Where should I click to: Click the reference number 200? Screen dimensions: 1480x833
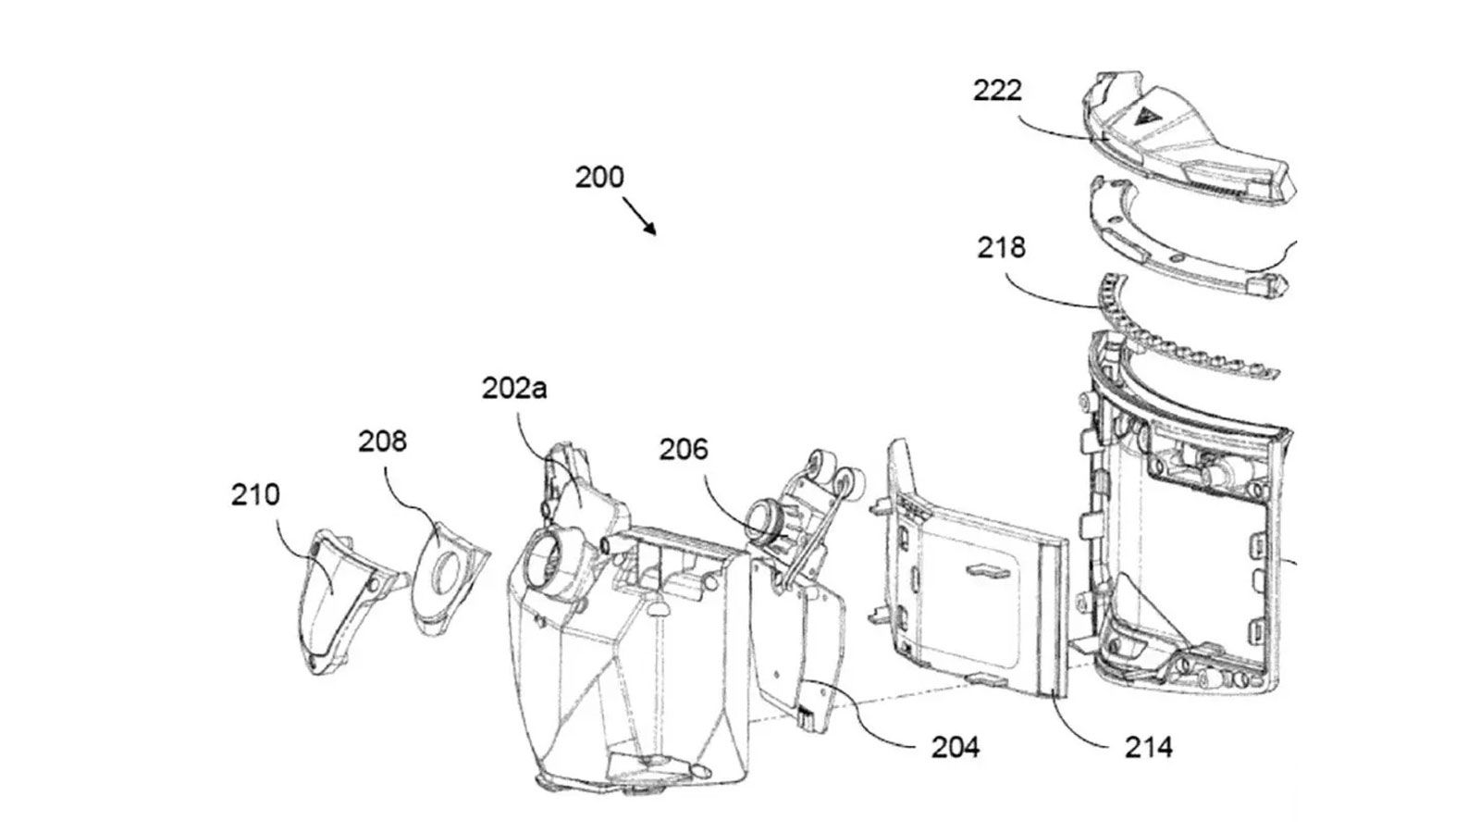(x=599, y=178)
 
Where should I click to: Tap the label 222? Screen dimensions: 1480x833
(x=998, y=91)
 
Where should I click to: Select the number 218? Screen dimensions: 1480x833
(x=1002, y=247)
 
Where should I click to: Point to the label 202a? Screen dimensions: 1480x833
(x=514, y=388)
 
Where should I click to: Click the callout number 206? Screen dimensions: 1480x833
(x=684, y=450)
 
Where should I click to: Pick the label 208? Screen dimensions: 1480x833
(x=383, y=441)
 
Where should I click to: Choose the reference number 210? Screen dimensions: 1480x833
(x=255, y=494)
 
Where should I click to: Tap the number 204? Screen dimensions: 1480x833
(x=956, y=748)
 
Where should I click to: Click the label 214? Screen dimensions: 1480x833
(x=1149, y=748)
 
